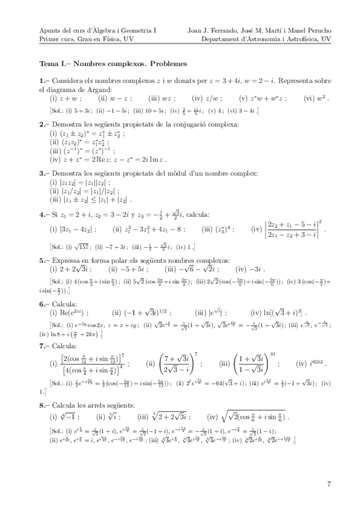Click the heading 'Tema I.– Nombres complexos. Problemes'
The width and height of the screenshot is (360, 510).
coord(113,63)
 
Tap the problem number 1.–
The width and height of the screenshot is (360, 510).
coord(43,79)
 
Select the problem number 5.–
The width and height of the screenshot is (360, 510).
coord(43,260)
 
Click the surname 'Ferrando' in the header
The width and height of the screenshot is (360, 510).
coord(222,29)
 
